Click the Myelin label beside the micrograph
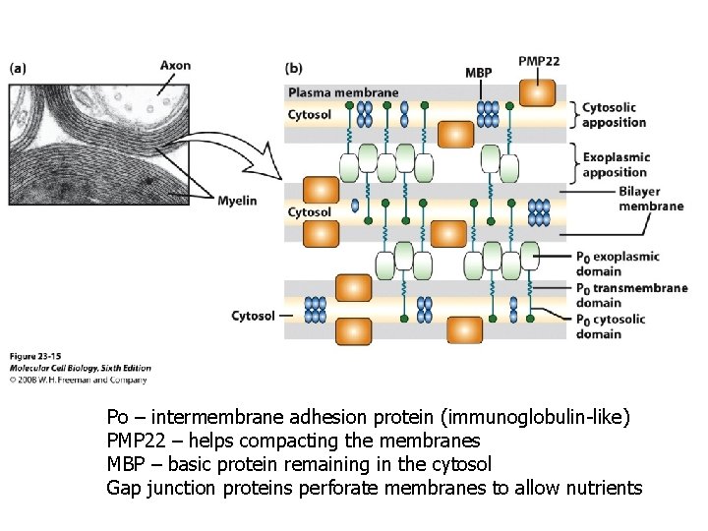pyautogui.click(x=237, y=201)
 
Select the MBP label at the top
pyautogui.click(x=479, y=74)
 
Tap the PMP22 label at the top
pyautogui.click(x=539, y=61)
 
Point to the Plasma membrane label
pyautogui.click(x=343, y=93)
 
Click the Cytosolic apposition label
pyautogui.click(x=615, y=115)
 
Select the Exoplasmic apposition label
pyautogui.click(x=615, y=165)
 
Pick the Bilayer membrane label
pyautogui.click(x=651, y=199)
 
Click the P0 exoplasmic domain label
pyautogui.click(x=618, y=264)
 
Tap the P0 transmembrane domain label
pyautogui.click(x=631, y=295)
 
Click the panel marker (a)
pyautogui.click(x=19, y=68)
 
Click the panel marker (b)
pyautogui.click(x=294, y=68)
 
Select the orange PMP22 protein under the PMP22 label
pyautogui.click(x=537, y=91)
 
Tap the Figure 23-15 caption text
pyautogui.click(x=36, y=354)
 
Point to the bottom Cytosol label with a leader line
pyautogui.click(x=254, y=316)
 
